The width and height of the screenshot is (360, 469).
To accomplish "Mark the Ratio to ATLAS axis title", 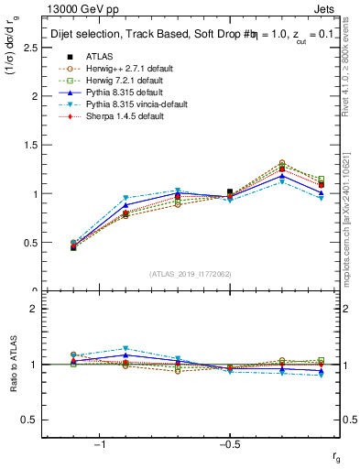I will [x=14, y=365].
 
